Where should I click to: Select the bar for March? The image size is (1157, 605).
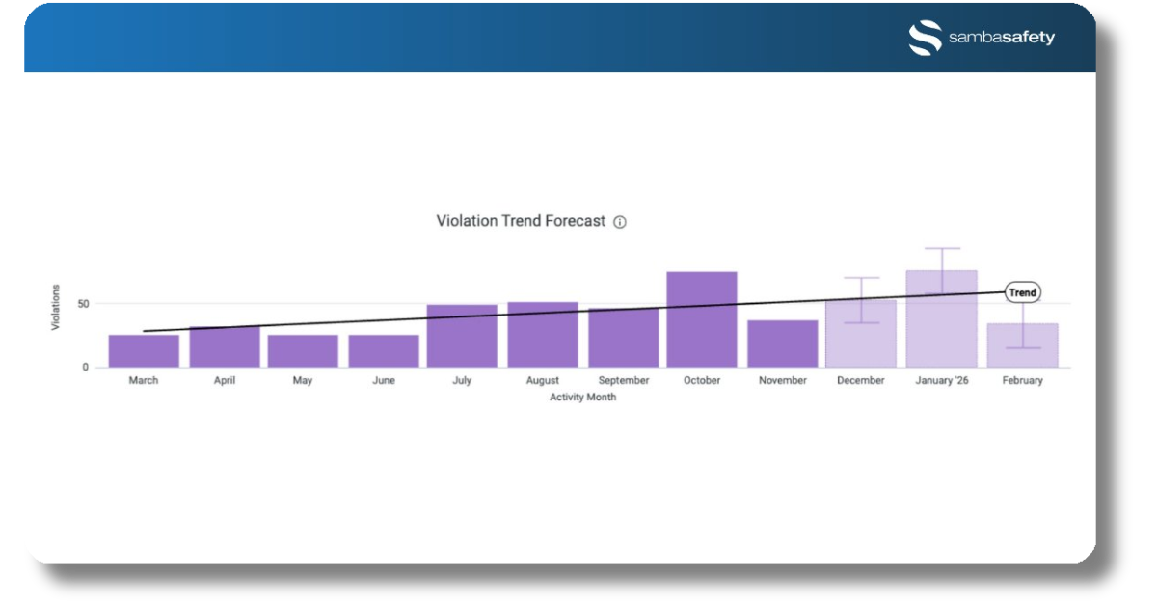(x=144, y=351)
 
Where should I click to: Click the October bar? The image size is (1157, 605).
(x=702, y=319)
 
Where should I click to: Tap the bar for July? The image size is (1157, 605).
(x=462, y=336)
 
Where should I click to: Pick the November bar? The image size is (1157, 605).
(x=783, y=344)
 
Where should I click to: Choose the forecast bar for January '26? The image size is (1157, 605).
(x=942, y=319)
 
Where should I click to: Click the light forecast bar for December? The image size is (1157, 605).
(x=861, y=334)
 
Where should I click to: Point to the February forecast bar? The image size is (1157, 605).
(x=1023, y=345)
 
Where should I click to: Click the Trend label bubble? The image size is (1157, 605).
(x=1023, y=292)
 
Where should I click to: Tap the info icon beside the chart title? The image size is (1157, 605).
(x=620, y=222)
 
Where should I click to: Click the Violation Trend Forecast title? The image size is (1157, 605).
(x=521, y=221)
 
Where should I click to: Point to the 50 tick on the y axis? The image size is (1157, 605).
(x=83, y=304)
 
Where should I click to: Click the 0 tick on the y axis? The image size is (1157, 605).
(x=85, y=367)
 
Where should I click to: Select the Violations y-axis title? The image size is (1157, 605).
(x=55, y=307)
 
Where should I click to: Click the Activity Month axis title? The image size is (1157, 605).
(x=582, y=398)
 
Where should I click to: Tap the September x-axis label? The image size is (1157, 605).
(x=624, y=380)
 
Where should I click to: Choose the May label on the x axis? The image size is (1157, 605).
(x=303, y=380)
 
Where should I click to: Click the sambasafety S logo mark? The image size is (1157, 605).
(x=925, y=38)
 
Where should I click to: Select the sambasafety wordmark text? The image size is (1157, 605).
(x=1002, y=38)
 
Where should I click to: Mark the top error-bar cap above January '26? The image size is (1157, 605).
(x=942, y=248)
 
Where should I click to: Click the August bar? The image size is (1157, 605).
(x=543, y=335)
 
